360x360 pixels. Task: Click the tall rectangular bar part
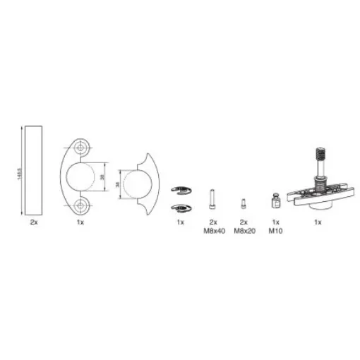pyautogui.click(x=33, y=169)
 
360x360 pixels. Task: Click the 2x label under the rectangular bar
pyautogui.click(x=33, y=222)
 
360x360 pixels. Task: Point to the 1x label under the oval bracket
pyautogui.click(x=80, y=222)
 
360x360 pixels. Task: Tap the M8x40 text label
pyautogui.click(x=212, y=231)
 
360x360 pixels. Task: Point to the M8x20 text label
pyautogui.click(x=244, y=231)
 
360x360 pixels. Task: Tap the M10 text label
pyautogui.click(x=275, y=231)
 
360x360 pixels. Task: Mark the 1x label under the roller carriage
pyautogui.click(x=317, y=222)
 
